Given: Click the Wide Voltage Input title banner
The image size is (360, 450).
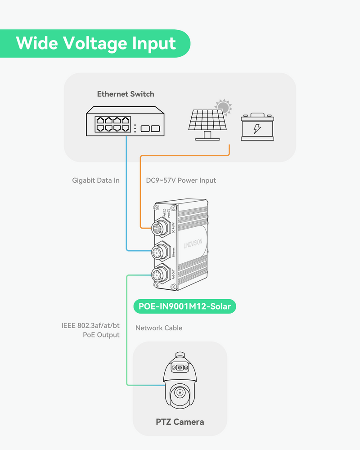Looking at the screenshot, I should coord(95,43).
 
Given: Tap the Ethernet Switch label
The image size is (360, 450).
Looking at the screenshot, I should coord(126,94).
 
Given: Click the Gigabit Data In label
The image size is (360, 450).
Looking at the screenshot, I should coord(96,180).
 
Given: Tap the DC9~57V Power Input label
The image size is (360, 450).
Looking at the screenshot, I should coord(181,180).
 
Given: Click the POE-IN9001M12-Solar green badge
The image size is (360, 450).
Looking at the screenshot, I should coord(184,307).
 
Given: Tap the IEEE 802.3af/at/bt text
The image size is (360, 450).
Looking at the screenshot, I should coord(90,325).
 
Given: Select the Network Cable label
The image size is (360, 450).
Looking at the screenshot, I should coord(159,328).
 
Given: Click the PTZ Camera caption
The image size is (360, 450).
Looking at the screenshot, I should coord(180,422).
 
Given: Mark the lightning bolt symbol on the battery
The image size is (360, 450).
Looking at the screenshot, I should coord(257,129).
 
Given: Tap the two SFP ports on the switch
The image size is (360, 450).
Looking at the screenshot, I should coord(150,129).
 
